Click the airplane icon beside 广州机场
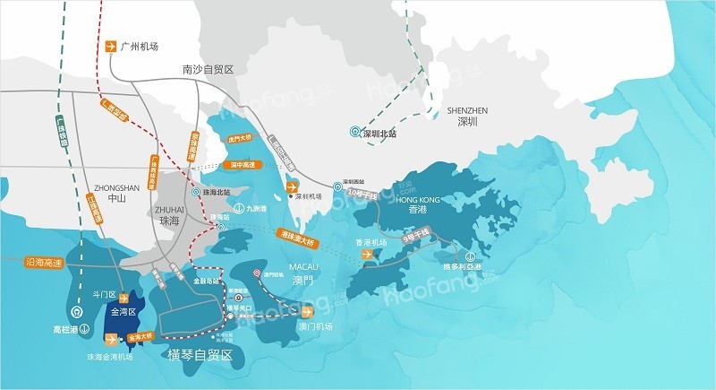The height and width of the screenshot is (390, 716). click(x=111, y=47)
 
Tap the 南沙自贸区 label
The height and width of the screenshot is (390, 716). click(x=207, y=69)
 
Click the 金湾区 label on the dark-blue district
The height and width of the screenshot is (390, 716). click(x=120, y=313)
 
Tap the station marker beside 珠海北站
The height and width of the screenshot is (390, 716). click(x=195, y=193)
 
